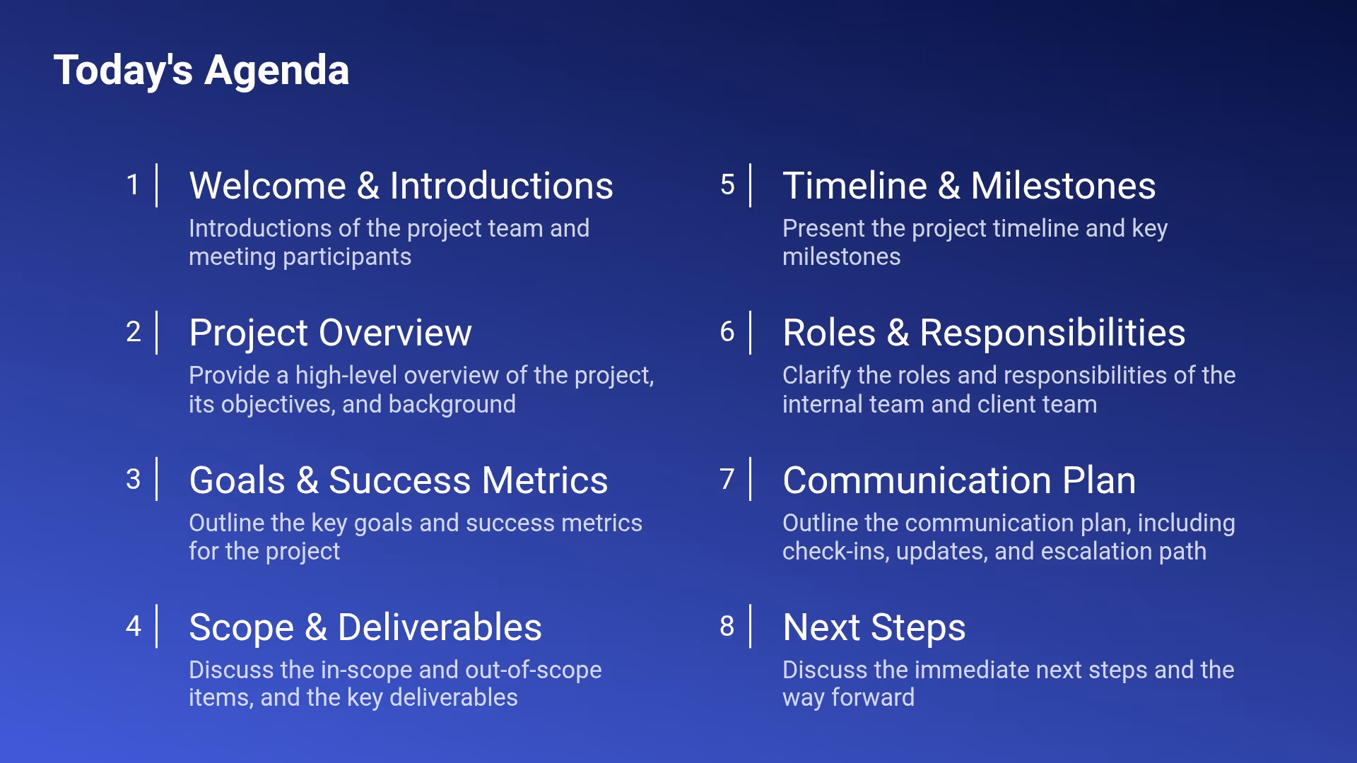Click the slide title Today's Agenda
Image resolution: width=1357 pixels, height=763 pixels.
coord(201,71)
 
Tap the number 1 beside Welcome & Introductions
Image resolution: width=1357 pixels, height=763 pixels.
coord(133,185)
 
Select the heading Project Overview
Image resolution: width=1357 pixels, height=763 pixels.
coord(330,333)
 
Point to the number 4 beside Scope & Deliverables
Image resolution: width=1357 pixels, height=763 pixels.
coord(133,627)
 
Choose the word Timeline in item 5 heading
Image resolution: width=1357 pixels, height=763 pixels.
coord(854,186)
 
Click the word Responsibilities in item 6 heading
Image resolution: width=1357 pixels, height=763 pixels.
coord(1052,333)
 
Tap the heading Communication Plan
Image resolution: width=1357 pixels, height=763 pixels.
coord(959,480)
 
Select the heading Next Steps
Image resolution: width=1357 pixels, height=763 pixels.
coord(874,627)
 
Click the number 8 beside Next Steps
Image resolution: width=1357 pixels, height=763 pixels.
coord(727,627)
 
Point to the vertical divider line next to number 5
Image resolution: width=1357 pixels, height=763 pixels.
coord(750,185)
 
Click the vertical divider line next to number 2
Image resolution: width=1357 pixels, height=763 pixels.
coord(156,332)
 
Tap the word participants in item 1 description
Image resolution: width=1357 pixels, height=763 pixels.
coord(346,257)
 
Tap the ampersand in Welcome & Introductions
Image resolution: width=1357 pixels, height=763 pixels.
coord(368,186)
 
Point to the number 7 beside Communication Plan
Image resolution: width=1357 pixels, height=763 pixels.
coord(727,479)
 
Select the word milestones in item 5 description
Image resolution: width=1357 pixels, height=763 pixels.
coord(841,257)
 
